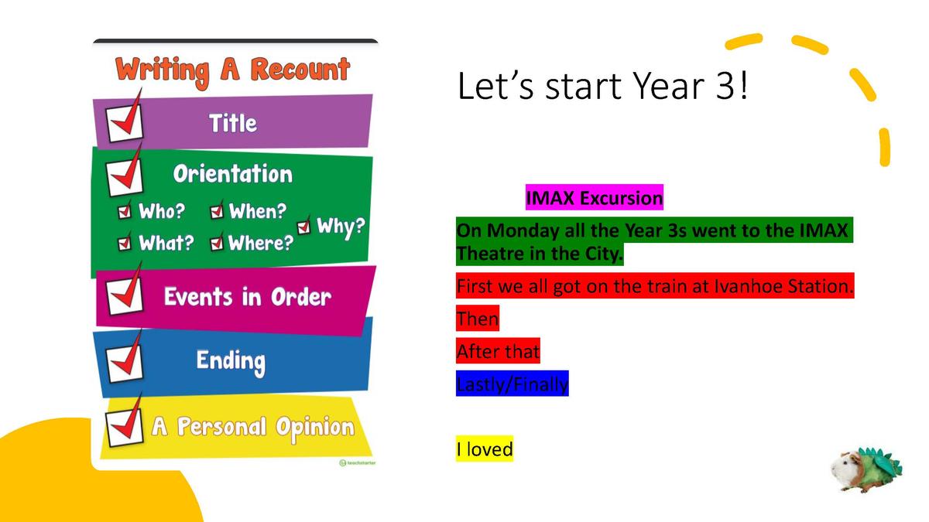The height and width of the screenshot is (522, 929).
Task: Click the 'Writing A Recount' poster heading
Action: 233,72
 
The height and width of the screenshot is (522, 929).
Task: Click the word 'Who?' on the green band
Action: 162,211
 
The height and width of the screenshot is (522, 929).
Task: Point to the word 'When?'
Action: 258,211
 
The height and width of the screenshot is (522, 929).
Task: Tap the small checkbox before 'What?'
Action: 125,243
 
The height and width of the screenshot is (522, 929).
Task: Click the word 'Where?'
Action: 261,243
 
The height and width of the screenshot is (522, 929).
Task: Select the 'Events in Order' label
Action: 248,297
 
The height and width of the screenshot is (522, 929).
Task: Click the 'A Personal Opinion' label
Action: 253,428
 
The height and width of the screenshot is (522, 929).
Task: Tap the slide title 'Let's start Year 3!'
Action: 602,86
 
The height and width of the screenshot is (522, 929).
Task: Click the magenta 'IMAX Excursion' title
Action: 595,198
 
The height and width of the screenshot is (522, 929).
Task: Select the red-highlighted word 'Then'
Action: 478,318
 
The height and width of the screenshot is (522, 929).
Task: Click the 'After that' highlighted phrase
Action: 498,351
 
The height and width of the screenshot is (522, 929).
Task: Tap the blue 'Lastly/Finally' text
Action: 512,384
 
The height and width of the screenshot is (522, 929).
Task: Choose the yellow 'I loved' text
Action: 485,449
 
